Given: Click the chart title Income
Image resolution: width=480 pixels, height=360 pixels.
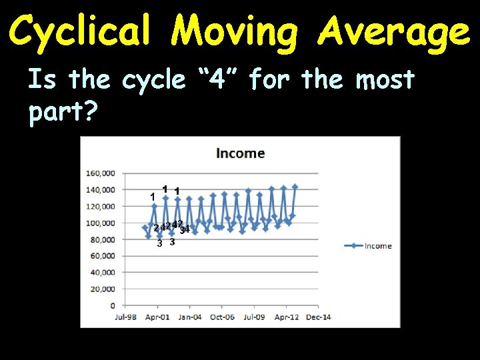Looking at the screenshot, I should pyautogui.click(x=240, y=153).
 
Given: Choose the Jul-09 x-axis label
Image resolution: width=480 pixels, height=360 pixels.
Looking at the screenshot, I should pyautogui.click(x=253, y=317).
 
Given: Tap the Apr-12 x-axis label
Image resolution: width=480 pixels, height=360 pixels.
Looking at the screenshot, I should pyautogui.click(x=286, y=317).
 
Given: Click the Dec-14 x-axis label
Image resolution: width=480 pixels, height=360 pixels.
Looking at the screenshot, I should pyautogui.click(x=318, y=317).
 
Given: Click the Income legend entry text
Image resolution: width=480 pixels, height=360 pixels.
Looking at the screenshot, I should pyautogui.click(x=379, y=246).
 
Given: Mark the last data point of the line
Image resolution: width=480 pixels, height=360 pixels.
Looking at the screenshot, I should pyautogui.click(x=295, y=187).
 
